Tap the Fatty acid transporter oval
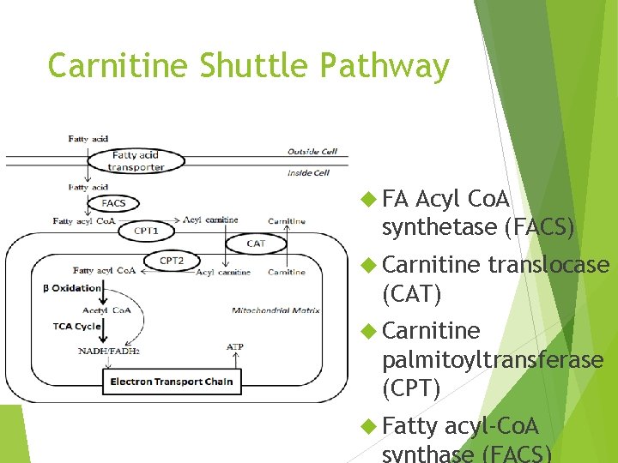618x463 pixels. tap(137, 160)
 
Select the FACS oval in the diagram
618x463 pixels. tap(114, 204)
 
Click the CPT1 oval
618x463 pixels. tap(146, 231)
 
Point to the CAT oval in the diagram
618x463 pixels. tap(256, 244)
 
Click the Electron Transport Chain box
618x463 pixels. tap(171, 382)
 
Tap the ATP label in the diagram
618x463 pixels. tap(234, 346)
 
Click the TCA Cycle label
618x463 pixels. tap(76, 326)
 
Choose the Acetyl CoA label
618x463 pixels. tap(106, 310)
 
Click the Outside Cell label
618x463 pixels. tap(312, 152)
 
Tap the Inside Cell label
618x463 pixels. tap(309, 172)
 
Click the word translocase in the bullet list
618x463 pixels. tap(548, 266)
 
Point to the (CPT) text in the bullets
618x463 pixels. tap(411, 389)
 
